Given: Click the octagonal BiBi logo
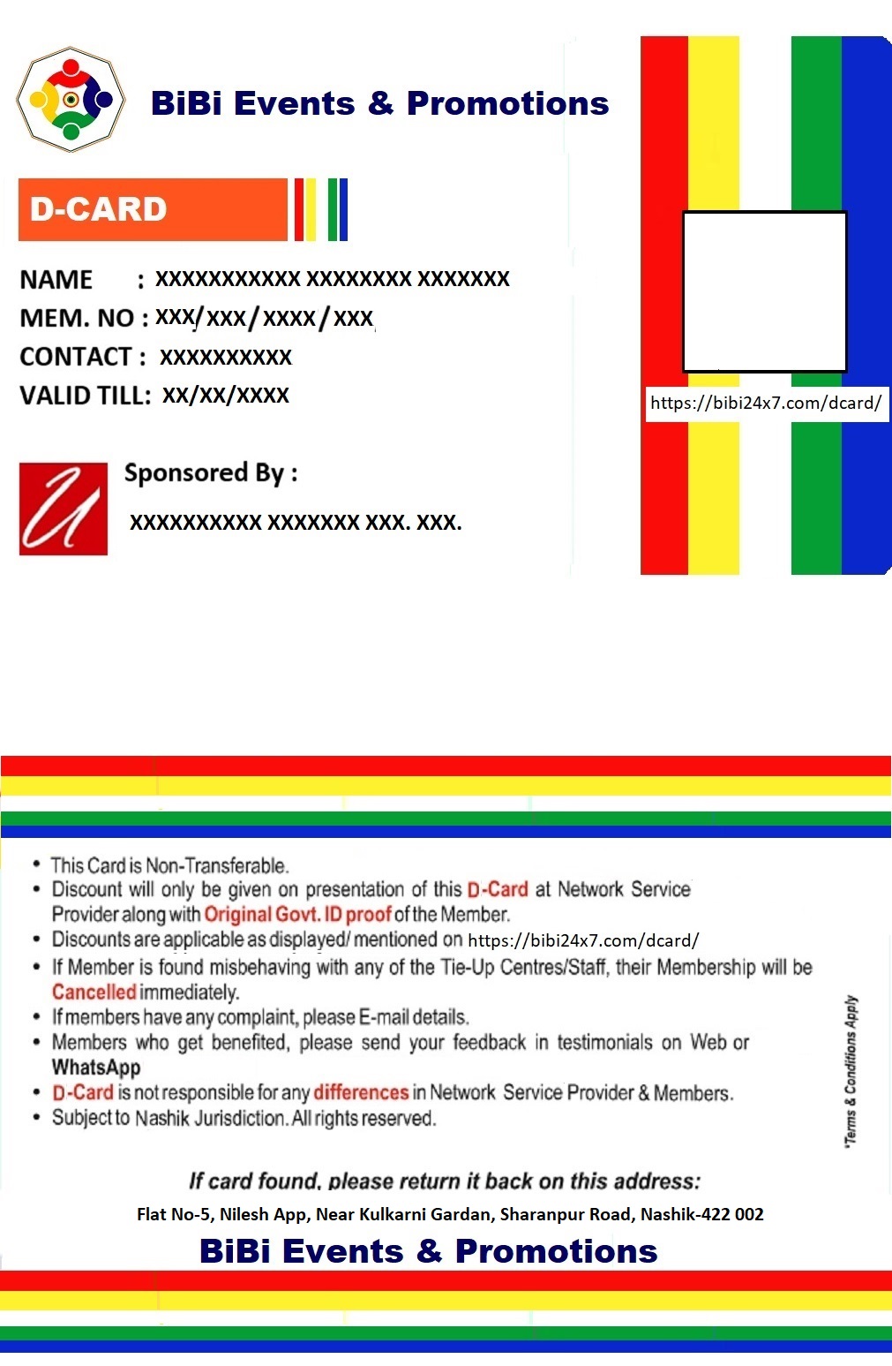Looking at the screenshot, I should click(71, 100).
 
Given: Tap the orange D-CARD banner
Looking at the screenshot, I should click(153, 209).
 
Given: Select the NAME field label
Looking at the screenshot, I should click(56, 280).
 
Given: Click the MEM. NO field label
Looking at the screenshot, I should click(77, 318).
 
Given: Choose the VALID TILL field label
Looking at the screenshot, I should click(85, 395).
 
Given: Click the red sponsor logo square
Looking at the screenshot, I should click(64, 509).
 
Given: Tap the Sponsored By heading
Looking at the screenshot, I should click(211, 473).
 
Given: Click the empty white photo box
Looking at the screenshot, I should click(764, 291).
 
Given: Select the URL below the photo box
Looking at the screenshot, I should click(766, 404).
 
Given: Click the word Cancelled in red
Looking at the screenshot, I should click(94, 992).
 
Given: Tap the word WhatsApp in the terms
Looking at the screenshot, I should click(96, 1068).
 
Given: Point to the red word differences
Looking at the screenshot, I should click(361, 1092).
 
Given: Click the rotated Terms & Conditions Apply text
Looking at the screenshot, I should click(851, 1070).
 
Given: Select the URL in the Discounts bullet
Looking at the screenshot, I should click(583, 940).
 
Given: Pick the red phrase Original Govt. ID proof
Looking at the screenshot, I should click(297, 914).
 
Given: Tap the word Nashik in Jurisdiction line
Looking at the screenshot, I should click(162, 1118).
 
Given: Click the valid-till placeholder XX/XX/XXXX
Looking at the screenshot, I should click(226, 395).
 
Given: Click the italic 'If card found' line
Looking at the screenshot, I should click(445, 1181).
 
